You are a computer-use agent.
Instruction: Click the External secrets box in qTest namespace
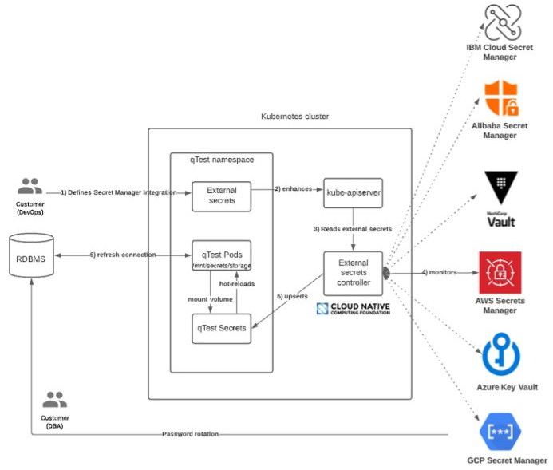pos(221,196)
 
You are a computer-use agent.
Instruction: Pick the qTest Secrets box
pos(221,328)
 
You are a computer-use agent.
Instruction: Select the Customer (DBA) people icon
pos(55,401)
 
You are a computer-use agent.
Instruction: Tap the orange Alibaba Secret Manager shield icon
pos(502,98)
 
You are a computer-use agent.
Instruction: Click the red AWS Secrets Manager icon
pos(500,273)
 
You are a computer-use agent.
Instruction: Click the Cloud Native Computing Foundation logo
pos(354,309)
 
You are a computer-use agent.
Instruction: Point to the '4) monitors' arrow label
pos(440,273)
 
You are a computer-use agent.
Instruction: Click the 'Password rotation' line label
pos(190,434)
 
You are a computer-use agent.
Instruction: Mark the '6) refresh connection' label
pos(121,255)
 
